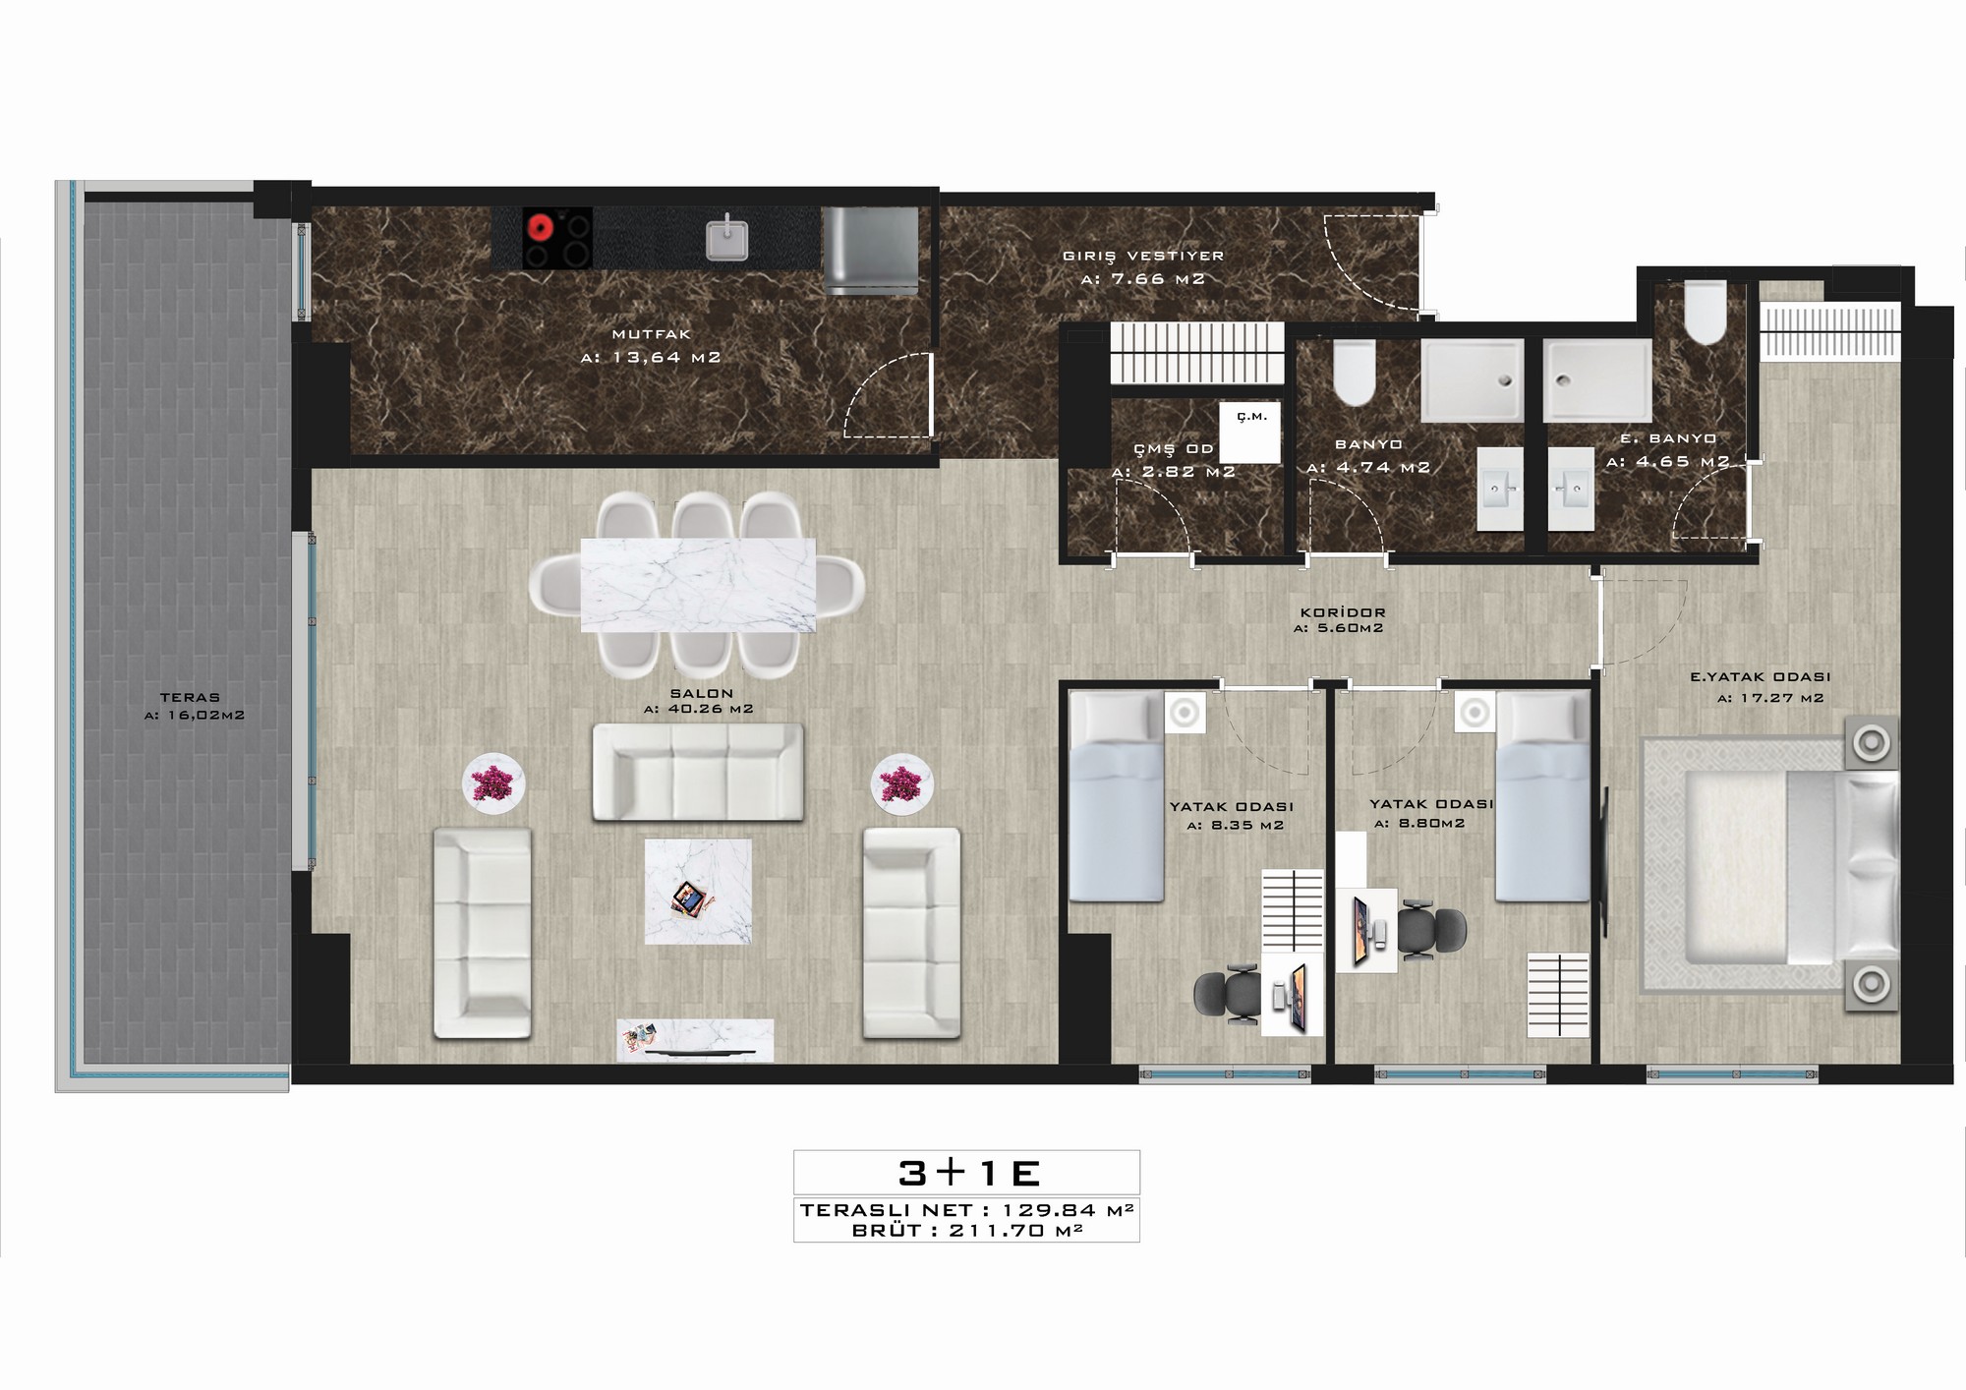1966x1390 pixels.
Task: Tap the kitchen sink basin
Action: click(726, 240)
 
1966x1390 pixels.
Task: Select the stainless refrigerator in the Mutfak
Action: click(870, 251)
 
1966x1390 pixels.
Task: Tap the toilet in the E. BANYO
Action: click(1705, 313)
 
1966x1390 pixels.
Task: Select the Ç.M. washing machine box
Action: click(1250, 432)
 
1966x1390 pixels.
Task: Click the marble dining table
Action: click(698, 585)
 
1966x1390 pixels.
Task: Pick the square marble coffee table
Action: click(698, 891)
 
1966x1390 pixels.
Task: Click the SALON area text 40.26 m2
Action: click(698, 709)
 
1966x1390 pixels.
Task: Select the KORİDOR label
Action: click(1341, 612)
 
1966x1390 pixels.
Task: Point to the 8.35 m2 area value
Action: click(1235, 826)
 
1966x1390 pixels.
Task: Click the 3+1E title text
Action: click(968, 1173)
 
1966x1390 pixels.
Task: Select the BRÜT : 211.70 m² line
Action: click(967, 1229)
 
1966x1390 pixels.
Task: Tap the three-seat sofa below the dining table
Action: click(698, 772)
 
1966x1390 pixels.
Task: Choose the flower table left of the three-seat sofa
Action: click(493, 783)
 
